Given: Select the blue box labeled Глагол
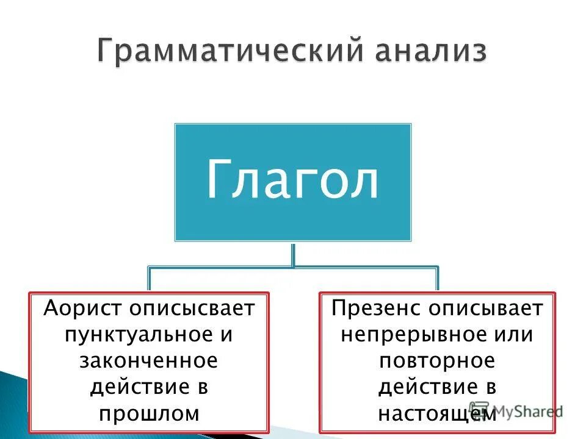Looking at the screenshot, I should (x=293, y=182).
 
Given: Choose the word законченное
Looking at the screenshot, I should (x=148, y=361).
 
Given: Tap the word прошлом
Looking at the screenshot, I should (x=148, y=413).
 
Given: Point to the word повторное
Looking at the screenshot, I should (x=436, y=361).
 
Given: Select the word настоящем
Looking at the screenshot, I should (x=436, y=413).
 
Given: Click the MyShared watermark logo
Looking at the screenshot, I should (x=516, y=411).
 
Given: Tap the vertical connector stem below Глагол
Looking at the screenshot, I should (x=294, y=254).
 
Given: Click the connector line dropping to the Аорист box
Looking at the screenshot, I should (x=150, y=279).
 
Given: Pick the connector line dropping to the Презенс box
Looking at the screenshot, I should (x=437, y=279).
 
